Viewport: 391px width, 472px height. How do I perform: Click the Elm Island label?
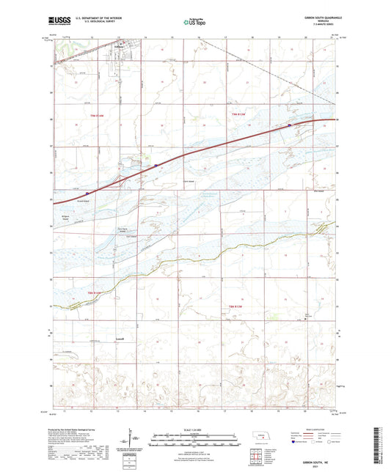[x=319, y=191]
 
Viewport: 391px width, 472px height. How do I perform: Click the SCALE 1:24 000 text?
[x=194, y=429]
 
